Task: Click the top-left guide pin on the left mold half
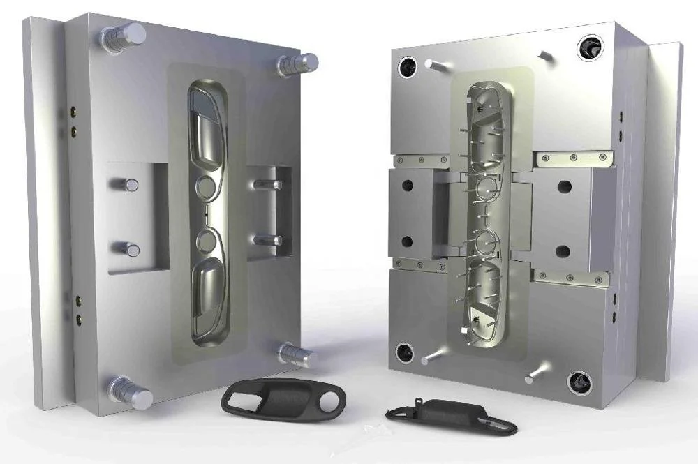[x=126, y=36]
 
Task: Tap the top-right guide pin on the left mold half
[x=299, y=65]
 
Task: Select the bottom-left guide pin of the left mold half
[x=131, y=393]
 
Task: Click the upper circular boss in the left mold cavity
[x=207, y=186]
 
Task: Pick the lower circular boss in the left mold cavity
[x=207, y=241]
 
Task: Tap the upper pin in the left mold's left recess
[x=127, y=185]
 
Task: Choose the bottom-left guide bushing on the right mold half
[x=404, y=353]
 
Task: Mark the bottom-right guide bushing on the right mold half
[x=579, y=382]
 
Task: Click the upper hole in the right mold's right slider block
[x=565, y=187]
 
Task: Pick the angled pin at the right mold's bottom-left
[x=433, y=357]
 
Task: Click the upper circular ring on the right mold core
[x=486, y=186]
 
